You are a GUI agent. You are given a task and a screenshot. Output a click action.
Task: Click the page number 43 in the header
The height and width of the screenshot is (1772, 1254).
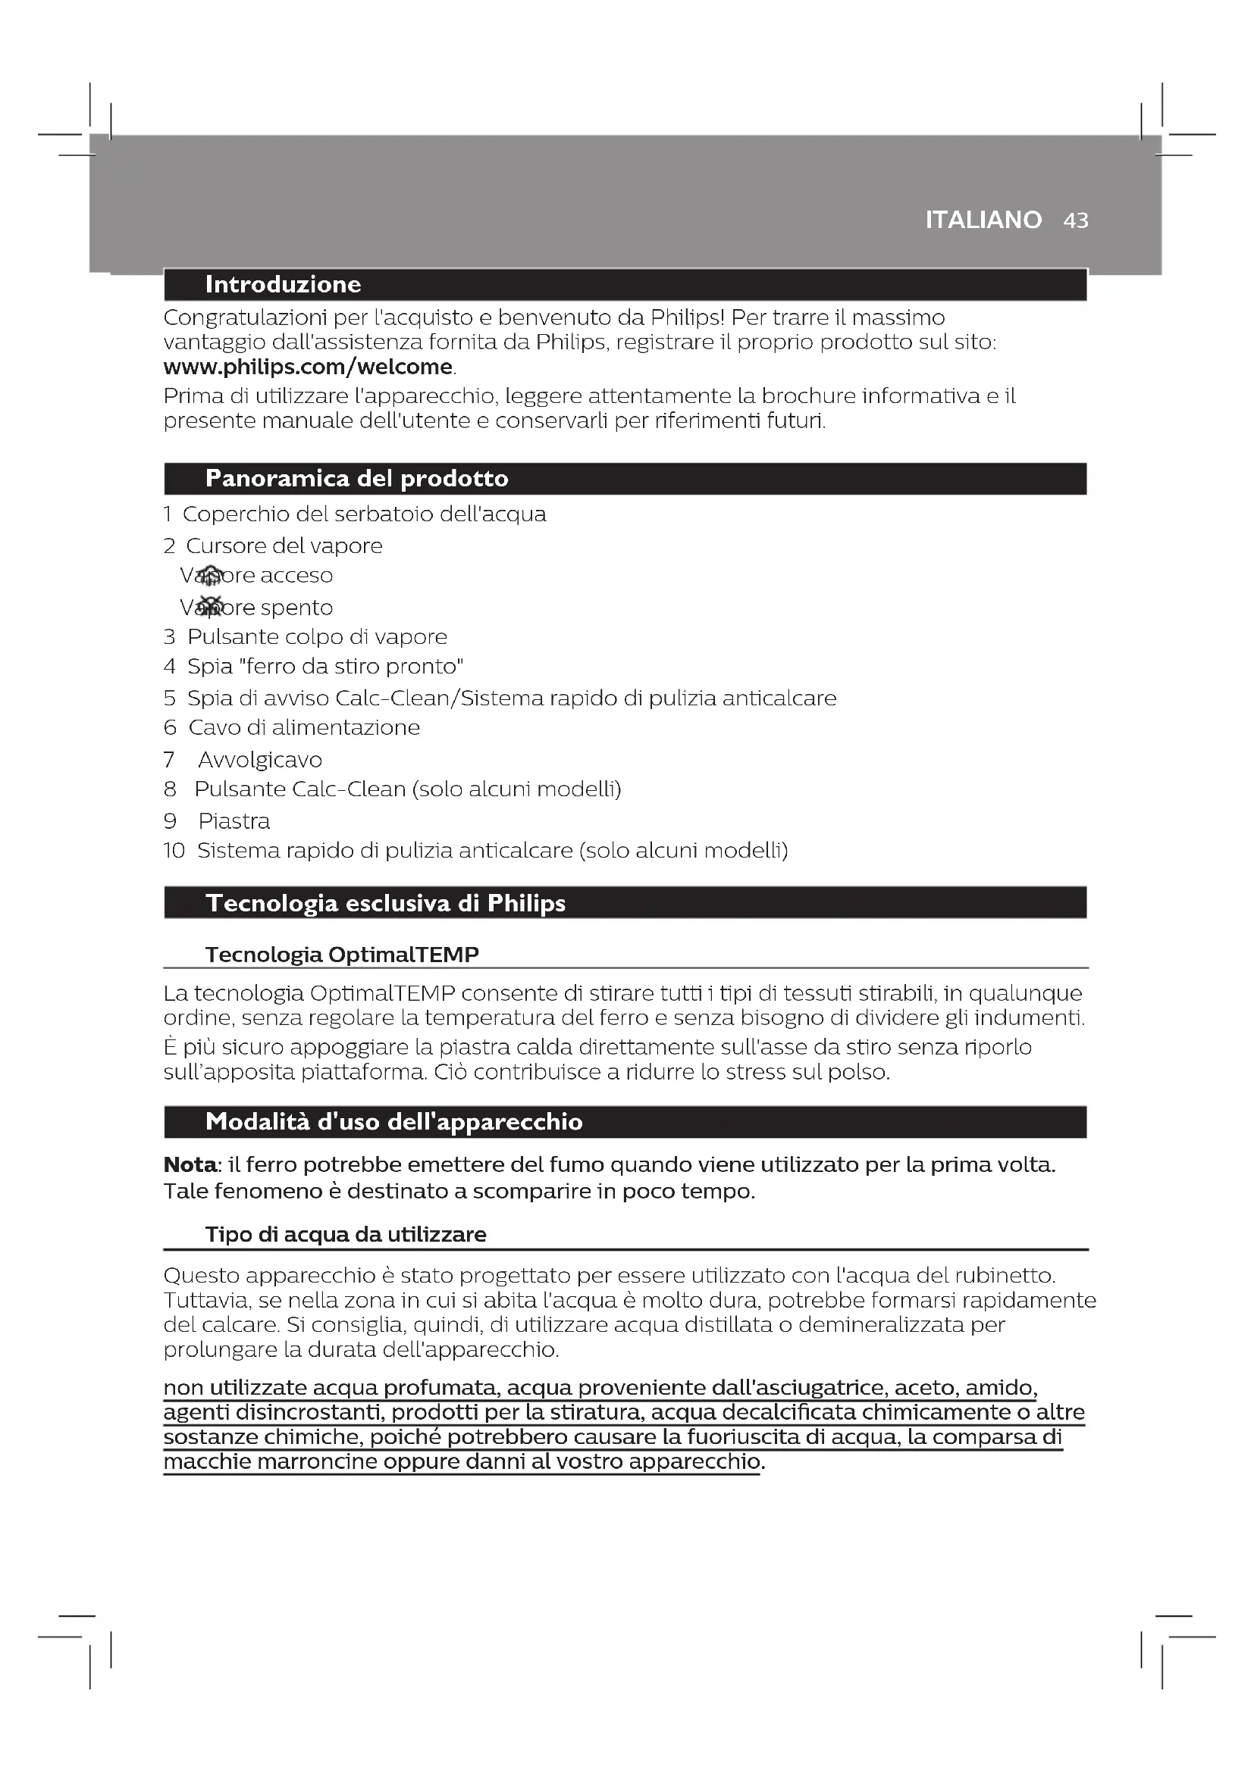(x=1076, y=220)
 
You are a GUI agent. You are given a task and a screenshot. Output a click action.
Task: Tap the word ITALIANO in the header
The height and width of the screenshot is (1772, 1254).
(x=983, y=220)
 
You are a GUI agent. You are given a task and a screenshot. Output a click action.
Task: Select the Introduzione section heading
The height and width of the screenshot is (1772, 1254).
(x=283, y=285)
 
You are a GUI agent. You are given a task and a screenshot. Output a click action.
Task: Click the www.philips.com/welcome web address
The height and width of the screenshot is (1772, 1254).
(x=308, y=367)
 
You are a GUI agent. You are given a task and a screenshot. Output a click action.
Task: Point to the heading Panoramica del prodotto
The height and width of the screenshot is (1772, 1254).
(x=357, y=479)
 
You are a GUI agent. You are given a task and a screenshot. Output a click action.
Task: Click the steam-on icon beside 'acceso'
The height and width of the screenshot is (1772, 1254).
(x=210, y=575)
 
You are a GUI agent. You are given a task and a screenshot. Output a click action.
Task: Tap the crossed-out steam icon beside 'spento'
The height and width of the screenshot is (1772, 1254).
(x=210, y=607)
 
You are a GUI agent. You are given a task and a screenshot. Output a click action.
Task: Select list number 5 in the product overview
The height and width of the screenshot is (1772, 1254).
(x=170, y=698)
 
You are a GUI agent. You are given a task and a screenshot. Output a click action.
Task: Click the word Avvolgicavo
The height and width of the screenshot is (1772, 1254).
(x=259, y=760)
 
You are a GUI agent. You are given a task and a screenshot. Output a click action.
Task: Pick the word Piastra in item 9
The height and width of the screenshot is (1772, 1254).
(x=234, y=821)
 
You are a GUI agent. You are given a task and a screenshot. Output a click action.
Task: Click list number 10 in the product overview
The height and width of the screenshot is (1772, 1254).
(x=174, y=851)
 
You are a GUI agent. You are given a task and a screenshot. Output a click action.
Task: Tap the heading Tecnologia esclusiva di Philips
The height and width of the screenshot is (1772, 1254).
(x=385, y=903)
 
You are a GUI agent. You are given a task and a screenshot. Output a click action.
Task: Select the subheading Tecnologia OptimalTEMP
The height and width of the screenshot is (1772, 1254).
(x=342, y=955)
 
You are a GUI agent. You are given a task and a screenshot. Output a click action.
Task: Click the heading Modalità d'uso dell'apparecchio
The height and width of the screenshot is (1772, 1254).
(x=393, y=1122)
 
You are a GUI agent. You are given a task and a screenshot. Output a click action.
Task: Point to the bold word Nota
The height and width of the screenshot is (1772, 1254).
(x=190, y=1164)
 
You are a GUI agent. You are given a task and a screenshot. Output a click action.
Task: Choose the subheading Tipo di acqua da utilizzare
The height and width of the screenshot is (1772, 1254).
(x=345, y=1235)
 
